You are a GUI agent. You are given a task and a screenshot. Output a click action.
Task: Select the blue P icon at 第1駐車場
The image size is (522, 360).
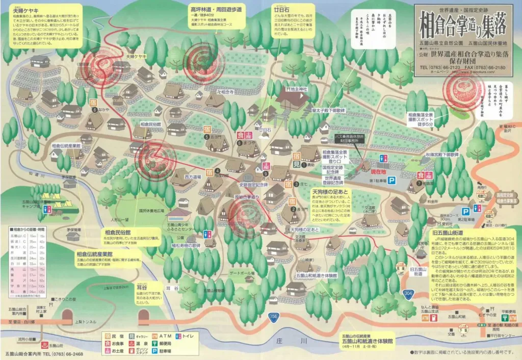point(392,180)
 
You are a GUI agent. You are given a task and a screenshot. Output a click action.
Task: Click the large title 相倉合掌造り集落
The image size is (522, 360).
point(465,23)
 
